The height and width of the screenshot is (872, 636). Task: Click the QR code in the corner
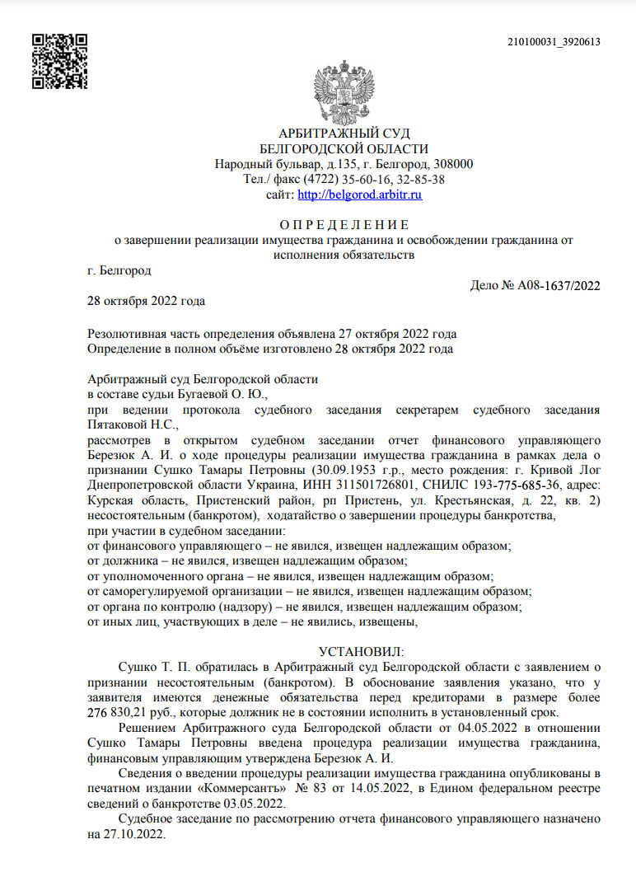point(59,61)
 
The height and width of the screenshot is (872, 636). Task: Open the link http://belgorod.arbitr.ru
point(359,195)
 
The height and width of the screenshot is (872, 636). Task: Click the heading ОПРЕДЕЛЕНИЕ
point(344,224)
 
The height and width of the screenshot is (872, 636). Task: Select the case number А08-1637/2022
point(559,286)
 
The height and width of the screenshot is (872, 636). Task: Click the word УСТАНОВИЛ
point(360,651)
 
